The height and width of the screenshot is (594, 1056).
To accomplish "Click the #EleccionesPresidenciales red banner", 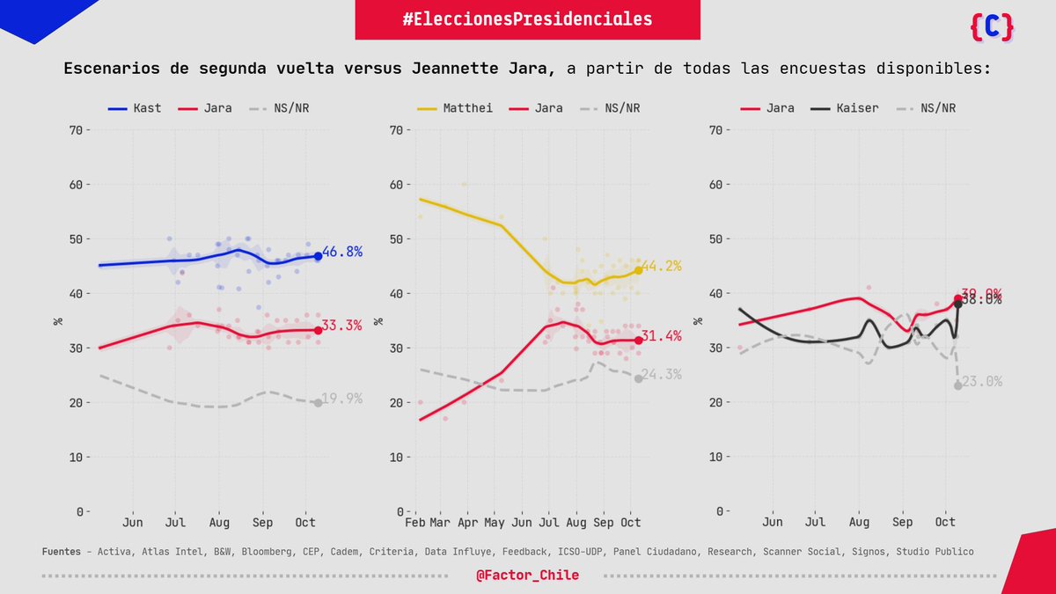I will (527, 19).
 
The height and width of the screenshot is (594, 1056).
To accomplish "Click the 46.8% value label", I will (342, 252).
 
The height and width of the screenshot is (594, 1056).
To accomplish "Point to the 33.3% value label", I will (342, 326).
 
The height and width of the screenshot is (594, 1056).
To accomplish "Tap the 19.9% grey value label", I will (342, 399).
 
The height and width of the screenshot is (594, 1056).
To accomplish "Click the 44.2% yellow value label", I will (662, 266).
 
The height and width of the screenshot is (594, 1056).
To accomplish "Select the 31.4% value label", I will (662, 336).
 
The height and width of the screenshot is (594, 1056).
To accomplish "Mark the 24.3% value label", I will (662, 375).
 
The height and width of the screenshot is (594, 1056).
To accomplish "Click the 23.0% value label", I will (982, 382).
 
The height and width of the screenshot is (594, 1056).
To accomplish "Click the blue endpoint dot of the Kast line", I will (318, 256).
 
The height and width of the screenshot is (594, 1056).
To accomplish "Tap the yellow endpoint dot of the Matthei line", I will (638, 270).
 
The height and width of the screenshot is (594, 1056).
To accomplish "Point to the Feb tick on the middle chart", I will (415, 522).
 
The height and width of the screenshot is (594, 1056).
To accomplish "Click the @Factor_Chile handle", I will (527, 575).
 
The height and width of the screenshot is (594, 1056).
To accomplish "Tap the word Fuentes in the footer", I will (62, 552).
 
